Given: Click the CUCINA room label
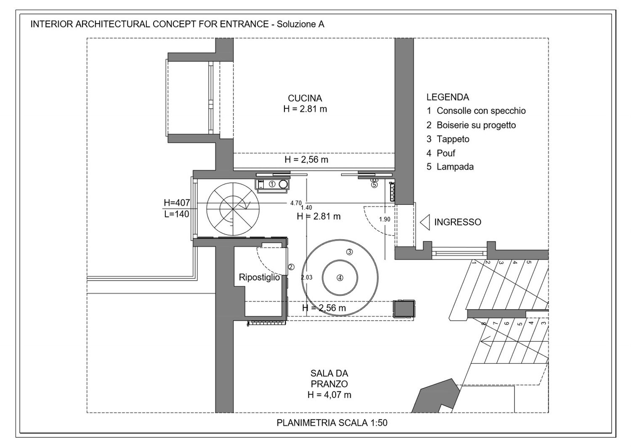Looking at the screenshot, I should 305,99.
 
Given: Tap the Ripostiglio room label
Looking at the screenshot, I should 259,277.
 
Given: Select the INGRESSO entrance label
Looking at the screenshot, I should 457,222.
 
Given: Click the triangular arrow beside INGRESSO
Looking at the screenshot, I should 425,222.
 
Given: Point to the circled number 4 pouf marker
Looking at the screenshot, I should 340,278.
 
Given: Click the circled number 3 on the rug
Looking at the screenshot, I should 349,252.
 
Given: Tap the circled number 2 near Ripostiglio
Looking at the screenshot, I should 291,267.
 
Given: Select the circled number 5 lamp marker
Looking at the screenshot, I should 374,184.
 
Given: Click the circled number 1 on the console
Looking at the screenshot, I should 272,184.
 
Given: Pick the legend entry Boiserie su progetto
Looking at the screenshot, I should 476,125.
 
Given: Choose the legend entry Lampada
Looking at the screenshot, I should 455,167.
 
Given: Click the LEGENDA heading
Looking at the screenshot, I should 448,97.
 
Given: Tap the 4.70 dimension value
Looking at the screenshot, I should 296,203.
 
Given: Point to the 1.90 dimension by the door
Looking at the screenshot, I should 384,219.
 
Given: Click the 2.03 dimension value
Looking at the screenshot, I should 307,277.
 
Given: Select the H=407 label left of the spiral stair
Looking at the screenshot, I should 177,203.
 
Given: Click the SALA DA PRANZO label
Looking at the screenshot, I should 329,384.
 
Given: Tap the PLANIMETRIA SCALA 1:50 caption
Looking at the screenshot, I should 332,423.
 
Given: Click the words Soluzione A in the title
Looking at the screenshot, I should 300,24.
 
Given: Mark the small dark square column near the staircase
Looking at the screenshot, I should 404,309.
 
